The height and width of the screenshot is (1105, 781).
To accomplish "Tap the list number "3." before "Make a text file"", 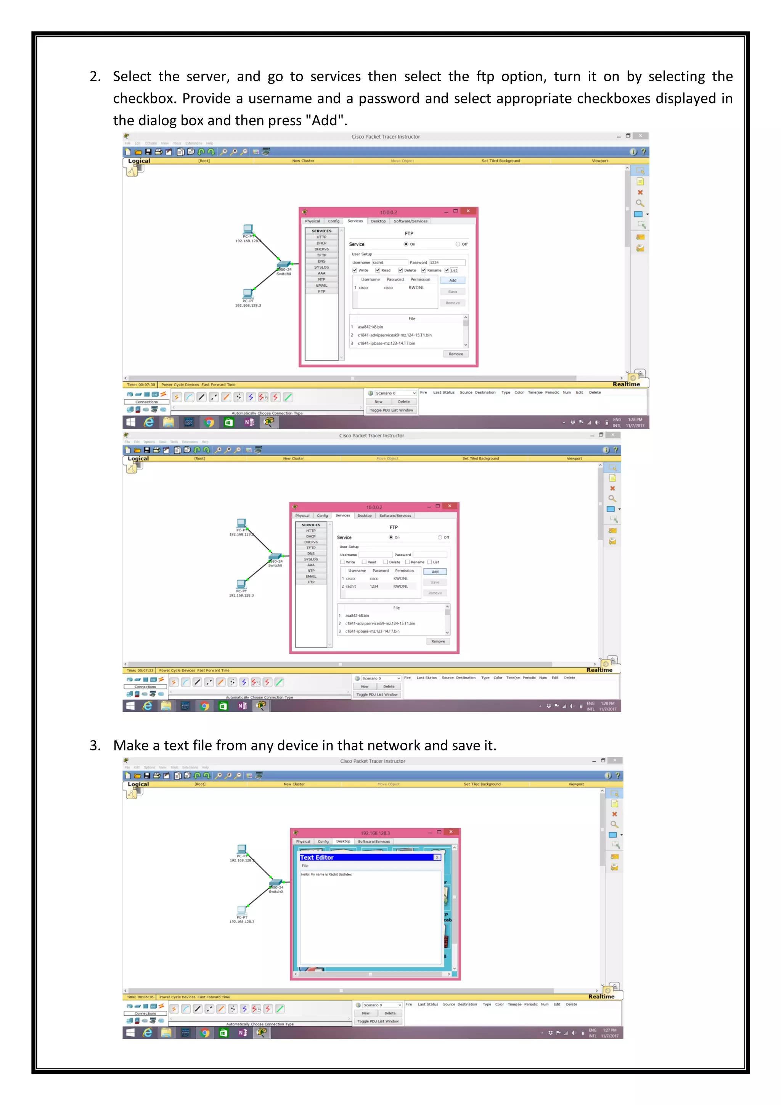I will point(95,745).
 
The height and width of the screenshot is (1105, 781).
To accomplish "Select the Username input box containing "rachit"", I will point(389,262).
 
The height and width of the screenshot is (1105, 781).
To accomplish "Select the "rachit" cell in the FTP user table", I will point(351,586).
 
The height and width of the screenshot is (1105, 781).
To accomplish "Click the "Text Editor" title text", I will point(317,857).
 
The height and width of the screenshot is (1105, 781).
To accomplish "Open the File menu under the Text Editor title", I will point(305,866).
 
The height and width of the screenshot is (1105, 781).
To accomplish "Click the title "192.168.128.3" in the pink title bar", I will point(375,833).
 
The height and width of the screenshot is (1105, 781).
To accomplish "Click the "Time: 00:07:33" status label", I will point(140,670).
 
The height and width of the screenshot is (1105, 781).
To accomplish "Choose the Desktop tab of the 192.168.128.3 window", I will point(343,841).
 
